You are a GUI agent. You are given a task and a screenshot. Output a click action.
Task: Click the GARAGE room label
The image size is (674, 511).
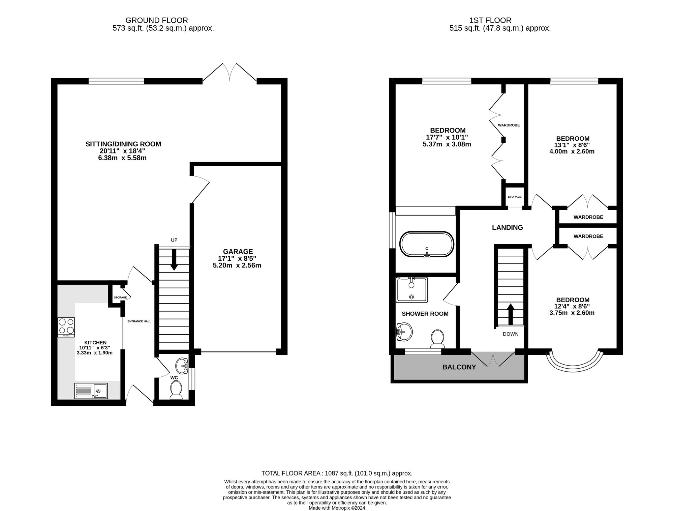(x=238, y=251)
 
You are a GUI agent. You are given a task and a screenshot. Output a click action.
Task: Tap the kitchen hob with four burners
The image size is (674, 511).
(x=66, y=327)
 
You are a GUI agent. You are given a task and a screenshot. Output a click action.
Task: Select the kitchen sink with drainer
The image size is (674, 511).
(x=91, y=391)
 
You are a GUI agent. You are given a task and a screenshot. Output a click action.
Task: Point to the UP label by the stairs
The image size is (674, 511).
(x=174, y=240)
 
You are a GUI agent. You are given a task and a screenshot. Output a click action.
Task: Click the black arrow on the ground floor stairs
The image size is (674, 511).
(x=174, y=260)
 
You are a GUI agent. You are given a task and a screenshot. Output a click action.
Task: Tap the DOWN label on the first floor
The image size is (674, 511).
(x=511, y=334)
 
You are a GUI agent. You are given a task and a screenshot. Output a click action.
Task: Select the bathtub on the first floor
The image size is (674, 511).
(x=427, y=245)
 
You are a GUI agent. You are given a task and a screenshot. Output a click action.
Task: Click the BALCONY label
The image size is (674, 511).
(x=459, y=367)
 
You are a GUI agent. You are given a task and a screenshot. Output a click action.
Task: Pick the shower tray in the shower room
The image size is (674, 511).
(x=412, y=290)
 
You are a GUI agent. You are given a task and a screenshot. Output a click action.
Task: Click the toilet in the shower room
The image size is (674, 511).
(x=437, y=338)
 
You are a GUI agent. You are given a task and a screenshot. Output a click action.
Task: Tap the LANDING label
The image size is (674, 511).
(x=507, y=227)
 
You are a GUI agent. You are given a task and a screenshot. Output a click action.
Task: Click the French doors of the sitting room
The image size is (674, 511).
(x=230, y=73)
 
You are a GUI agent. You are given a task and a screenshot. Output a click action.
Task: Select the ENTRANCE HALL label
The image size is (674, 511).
(x=139, y=321)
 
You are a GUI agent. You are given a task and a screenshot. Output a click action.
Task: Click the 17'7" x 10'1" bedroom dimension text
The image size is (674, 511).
(x=448, y=137)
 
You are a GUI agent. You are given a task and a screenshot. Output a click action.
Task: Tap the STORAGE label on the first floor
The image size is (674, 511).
(x=515, y=197)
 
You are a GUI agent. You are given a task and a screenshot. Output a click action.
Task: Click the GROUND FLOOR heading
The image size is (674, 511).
(x=156, y=21)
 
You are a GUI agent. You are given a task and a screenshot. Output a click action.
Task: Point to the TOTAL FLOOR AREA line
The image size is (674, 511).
(x=337, y=473)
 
